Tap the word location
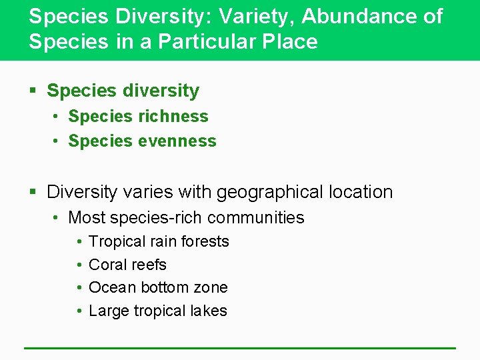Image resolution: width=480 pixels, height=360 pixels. (360, 192)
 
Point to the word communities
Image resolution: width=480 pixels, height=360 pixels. (257, 217)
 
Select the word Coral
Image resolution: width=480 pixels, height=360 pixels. (107, 265)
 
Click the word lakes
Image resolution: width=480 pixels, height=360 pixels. (209, 311)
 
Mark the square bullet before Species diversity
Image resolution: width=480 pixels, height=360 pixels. (34, 91)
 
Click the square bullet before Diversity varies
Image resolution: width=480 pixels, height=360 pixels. (34, 193)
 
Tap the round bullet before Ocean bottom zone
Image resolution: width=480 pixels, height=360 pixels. (79, 288)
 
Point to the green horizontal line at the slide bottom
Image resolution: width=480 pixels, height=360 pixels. (240, 347)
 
